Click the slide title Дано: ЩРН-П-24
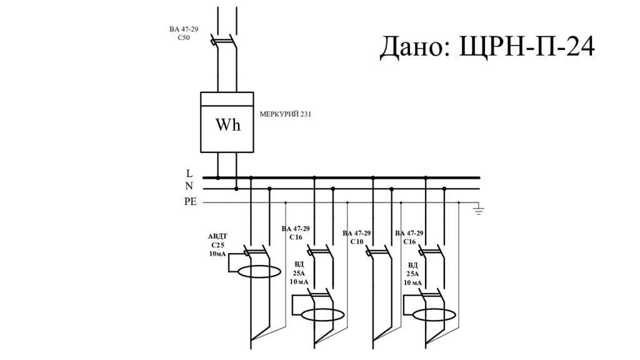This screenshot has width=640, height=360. click(x=487, y=47)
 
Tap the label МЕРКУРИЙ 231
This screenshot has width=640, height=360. click(x=285, y=114)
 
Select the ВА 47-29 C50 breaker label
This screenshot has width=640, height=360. click(x=183, y=33)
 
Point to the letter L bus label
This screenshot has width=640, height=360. click(x=189, y=173)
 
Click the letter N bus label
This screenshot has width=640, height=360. click(x=189, y=186)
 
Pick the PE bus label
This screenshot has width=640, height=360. click(x=190, y=201)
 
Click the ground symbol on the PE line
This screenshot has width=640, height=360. click(x=479, y=209)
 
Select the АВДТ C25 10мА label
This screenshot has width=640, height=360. click(x=217, y=244)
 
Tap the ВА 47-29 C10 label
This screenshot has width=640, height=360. click(x=357, y=237)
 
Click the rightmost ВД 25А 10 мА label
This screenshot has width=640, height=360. click(x=412, y=274)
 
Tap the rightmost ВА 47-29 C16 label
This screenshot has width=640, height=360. click(x=409, y=237)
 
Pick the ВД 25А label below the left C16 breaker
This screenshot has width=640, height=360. click(x=299, y=273)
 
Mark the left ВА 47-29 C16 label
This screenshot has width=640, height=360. click(x=296, y=232)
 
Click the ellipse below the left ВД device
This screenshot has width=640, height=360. click(x=322, y=314)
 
